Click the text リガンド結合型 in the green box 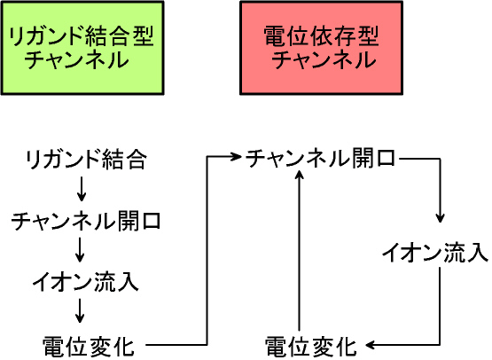click(82, 36)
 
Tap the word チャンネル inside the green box click(77, 59)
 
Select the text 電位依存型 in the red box click(321, 36)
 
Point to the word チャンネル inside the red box click(324, 59)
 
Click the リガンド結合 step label click(86, 160)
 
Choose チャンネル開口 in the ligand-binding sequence click(86, 222)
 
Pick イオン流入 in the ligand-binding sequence click(85, 282)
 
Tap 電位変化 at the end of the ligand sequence click(89, 347)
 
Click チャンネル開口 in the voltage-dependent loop click(320, 158)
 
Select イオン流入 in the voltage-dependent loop click(435, 253)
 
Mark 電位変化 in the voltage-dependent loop click(310, 347)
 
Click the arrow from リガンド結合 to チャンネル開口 click(82, 189)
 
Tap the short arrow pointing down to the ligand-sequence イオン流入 click(80, 249)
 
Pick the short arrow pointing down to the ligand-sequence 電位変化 click(80, 310)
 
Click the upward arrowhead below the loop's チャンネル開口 click(300, 174)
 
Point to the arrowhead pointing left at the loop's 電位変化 click(371, 345)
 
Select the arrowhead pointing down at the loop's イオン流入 click(440, 218)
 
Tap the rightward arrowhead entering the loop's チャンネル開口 click(236, 156)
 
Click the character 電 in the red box click(274, 36)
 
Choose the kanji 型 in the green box click(144, 36)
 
